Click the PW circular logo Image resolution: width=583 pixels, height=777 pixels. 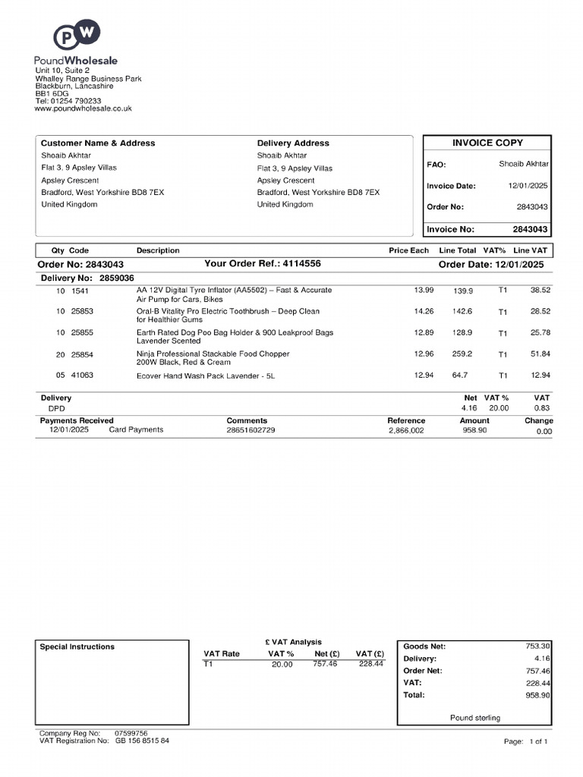(x=77, y=36)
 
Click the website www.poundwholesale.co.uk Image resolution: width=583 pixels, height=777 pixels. (x=84, y=109)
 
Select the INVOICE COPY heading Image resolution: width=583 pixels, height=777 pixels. (x=487, y=143)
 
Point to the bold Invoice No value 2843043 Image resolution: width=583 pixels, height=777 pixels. (x=530, y=229)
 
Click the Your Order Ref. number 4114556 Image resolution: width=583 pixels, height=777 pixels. (x=301, y=263)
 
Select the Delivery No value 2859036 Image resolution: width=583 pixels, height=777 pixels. (x=116, y=278)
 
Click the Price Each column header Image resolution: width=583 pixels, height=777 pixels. (x=408, y=250)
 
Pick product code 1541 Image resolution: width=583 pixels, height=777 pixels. (x=80, y=291)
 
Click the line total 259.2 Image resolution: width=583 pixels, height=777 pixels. (x=462, y=354)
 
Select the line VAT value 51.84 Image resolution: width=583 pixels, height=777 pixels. (x=540, y=354)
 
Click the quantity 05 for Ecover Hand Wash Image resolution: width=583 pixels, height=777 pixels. (x=60, y=376)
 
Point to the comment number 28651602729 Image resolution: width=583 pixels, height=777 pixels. (x=251, y=430)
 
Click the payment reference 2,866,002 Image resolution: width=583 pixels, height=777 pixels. (x=406, y=430)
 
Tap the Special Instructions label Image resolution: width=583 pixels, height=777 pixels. (x=77, y=647)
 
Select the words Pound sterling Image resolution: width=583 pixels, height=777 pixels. (x=475, y=718)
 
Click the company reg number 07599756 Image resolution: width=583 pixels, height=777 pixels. (x=131, y=734)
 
